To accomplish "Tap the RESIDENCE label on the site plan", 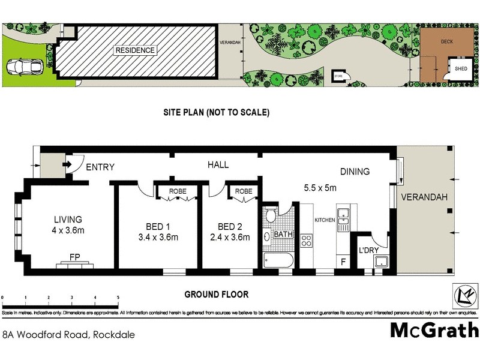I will point(135,50).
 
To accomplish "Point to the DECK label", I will point(447,42).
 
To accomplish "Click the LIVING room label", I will point(67,219).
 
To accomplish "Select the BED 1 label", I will point(158,226).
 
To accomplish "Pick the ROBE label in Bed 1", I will point(177,191).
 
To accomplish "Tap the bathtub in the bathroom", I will point(278,260).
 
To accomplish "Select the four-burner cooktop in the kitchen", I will point(307,241).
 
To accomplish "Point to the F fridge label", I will point(343,262).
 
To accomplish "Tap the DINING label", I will point(355,172).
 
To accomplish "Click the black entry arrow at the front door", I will point(67,163).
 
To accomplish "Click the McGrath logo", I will point(434,330).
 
